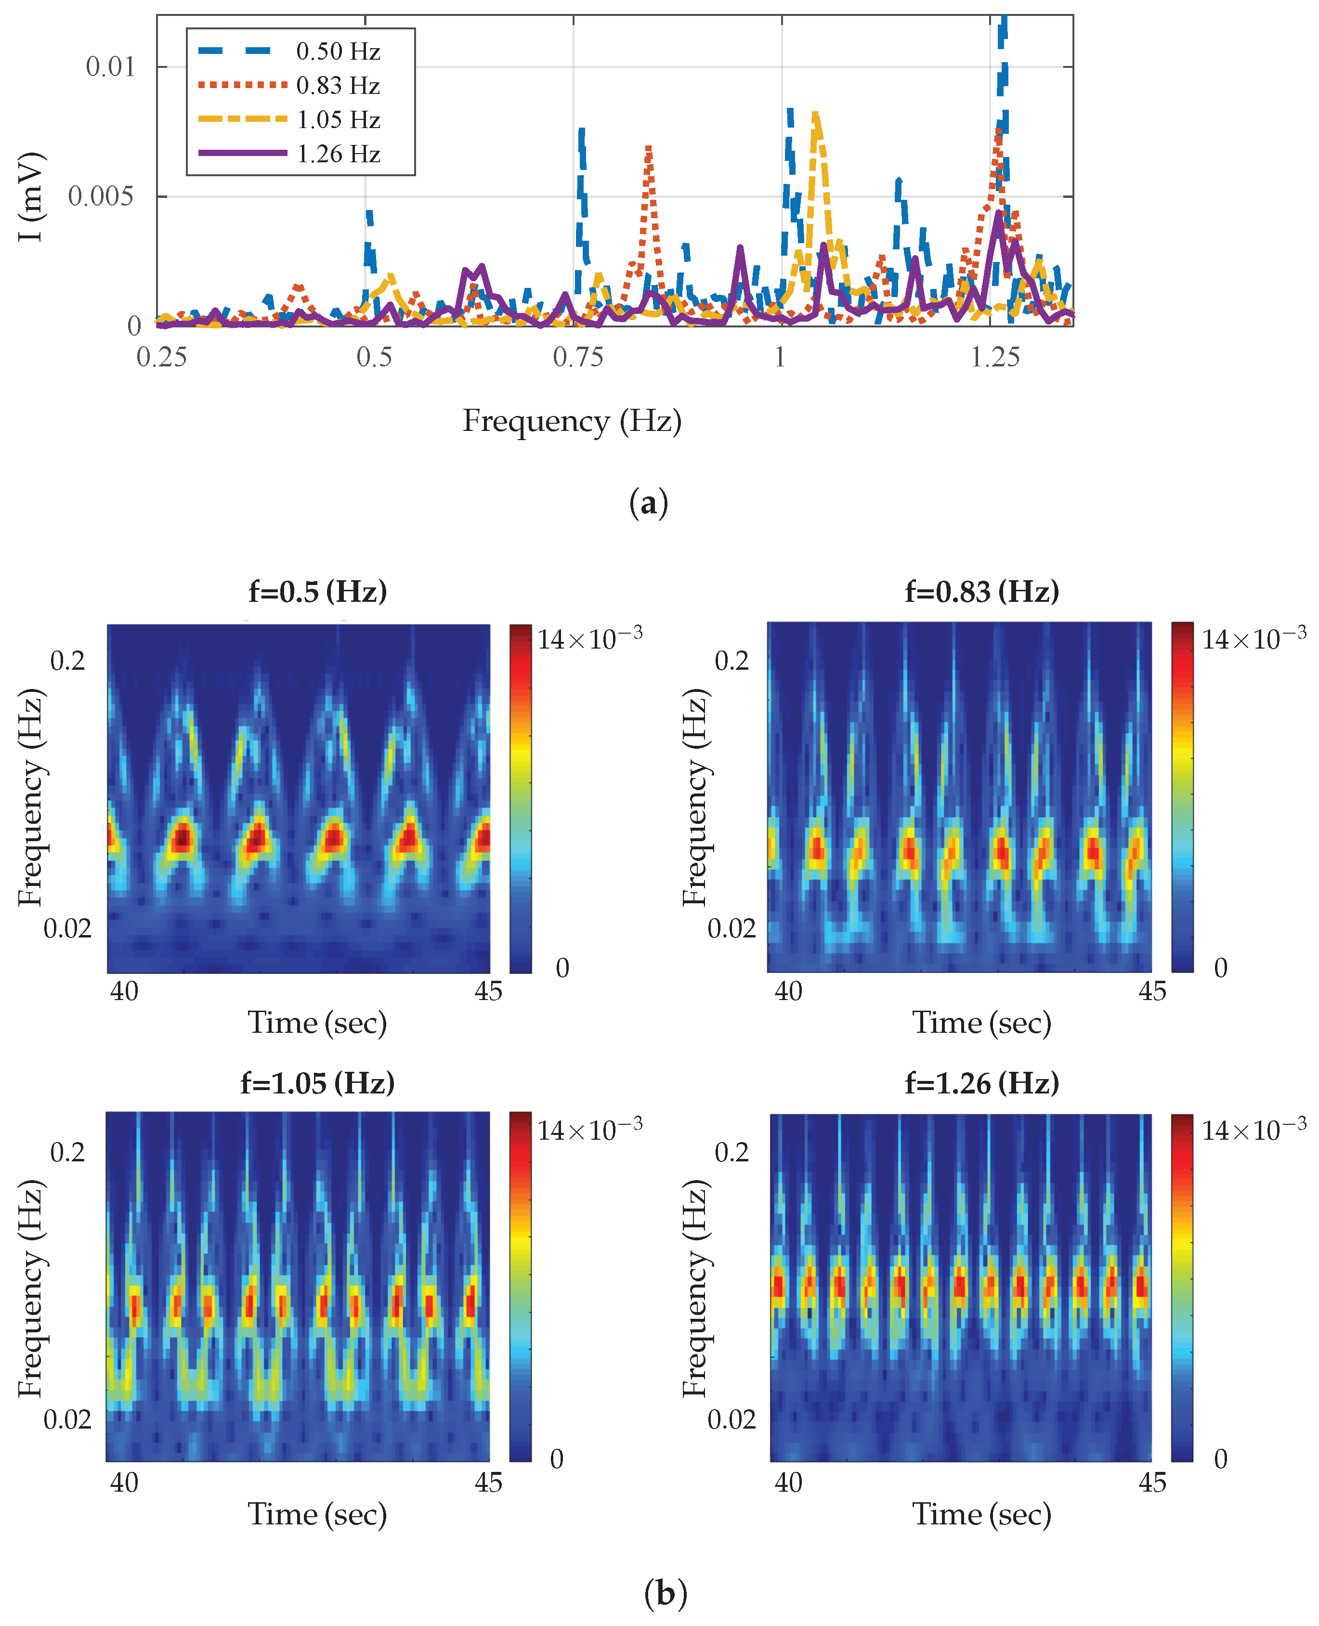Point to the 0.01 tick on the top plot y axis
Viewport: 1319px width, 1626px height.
pos(110,67)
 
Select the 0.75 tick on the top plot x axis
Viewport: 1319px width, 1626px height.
pos(577,357)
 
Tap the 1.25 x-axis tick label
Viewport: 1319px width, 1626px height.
pos(994,357)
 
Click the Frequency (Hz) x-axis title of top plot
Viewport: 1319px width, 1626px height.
pos(572,421)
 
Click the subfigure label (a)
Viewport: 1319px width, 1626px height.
pos(648,504)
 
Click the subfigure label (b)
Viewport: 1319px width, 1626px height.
pos(665,1593)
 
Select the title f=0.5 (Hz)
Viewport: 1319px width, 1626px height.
pos(318,591)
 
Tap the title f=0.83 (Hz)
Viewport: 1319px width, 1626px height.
pos(981,591)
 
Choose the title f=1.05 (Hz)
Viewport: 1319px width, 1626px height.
pos(318,1083)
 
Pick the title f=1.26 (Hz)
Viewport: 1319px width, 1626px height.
pos(981,1083)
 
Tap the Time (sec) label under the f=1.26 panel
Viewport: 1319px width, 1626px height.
pos(981,1514)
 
